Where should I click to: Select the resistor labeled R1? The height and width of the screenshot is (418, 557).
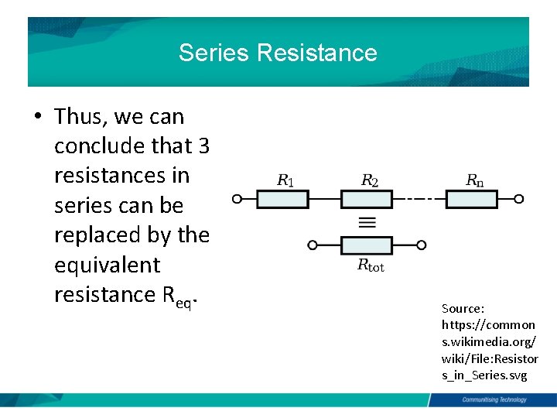[x=282, y=199]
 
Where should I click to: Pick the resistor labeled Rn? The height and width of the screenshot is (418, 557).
[x=471, y=199]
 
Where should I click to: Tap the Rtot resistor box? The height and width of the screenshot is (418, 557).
[x=367, y=245]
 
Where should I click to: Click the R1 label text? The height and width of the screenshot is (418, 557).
[x=285, y=181]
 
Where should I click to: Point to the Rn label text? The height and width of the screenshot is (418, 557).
[x=474, y=181]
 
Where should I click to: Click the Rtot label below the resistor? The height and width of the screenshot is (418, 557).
[x=371, y=266]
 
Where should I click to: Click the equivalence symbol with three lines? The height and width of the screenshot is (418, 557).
[x=367, y=222]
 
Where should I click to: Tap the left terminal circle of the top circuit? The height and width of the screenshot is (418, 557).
[x=238, y=199]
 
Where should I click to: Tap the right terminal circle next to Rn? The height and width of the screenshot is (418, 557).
[x=518, y=199]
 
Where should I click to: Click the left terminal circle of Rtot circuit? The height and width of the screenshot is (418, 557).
[x=313, y=245]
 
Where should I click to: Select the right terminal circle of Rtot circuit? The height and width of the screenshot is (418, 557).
[x=422, y=245]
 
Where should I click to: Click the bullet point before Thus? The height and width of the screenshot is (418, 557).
[x=37, y=117]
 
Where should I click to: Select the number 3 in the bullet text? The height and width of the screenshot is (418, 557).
[x=204, y=146]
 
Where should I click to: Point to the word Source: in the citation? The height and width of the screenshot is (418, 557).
[x=463, y=309]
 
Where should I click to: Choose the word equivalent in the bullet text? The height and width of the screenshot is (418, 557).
[x=107, y=265]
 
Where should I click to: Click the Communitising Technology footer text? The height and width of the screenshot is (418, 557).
[x=494, y=400]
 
